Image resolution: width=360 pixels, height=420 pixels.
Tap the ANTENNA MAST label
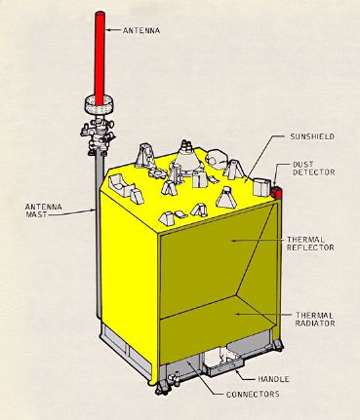(x=46, y=210)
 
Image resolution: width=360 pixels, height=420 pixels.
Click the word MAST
(x=46, y=216)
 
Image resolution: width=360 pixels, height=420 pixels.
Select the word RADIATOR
(x=318, y=326)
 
